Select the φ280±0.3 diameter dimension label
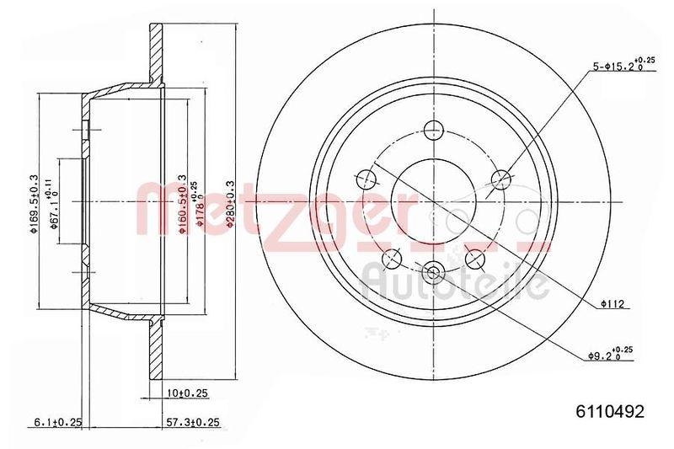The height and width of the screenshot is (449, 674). pos(228,201)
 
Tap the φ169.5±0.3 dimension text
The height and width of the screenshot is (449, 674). pos(35,202)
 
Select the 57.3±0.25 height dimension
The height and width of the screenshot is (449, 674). pos(192,422)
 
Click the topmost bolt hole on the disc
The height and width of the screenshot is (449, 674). pos(434,130)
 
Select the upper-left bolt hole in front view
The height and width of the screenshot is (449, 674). pos(366,179)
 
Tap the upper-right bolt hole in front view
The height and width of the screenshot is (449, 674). pos(501,179)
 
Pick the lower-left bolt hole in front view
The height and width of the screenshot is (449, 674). pos(392,258)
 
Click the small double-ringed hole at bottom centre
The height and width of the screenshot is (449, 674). pos(434,270)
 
